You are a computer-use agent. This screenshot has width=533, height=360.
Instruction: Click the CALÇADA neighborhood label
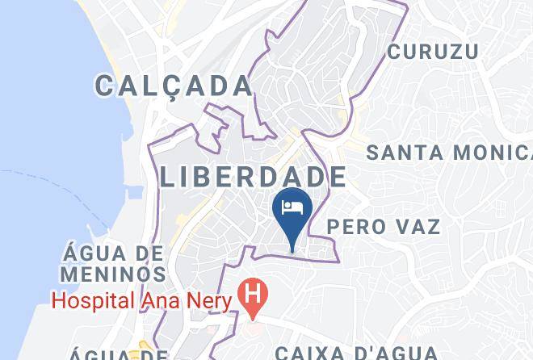(173, 85)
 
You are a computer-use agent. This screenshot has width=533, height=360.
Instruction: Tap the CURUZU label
(432, 52)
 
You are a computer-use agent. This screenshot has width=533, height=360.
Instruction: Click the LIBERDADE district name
(254, 177)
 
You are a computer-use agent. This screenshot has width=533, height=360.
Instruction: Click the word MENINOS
(111, 274)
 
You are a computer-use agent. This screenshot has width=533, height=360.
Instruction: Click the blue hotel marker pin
(292, 211)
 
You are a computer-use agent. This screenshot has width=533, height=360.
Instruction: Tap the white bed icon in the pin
(292, 206)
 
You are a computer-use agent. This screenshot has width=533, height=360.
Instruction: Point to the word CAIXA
(309, 353)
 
